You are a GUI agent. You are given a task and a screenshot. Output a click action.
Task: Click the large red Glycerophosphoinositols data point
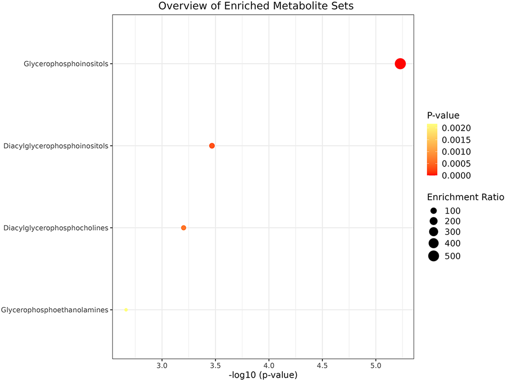400,63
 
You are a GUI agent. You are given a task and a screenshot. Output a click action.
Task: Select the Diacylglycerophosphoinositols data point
212,146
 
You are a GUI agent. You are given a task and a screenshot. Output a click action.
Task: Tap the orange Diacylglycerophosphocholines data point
183,228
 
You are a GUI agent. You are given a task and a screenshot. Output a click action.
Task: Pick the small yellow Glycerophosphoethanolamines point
126,310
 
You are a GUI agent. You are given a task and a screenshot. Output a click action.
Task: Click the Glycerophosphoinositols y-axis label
66,63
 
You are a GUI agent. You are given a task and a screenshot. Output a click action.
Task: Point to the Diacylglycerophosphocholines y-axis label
56,228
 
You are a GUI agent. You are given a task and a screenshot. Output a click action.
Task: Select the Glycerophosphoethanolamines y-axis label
55,310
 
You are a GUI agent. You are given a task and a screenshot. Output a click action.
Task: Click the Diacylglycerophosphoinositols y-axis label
56,146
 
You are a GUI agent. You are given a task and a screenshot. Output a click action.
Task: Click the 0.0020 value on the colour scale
456,129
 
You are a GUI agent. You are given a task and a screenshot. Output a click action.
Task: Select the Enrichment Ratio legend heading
465,197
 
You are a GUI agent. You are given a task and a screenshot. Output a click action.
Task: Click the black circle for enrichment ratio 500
434,256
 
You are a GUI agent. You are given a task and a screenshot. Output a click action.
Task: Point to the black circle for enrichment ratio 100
434,211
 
